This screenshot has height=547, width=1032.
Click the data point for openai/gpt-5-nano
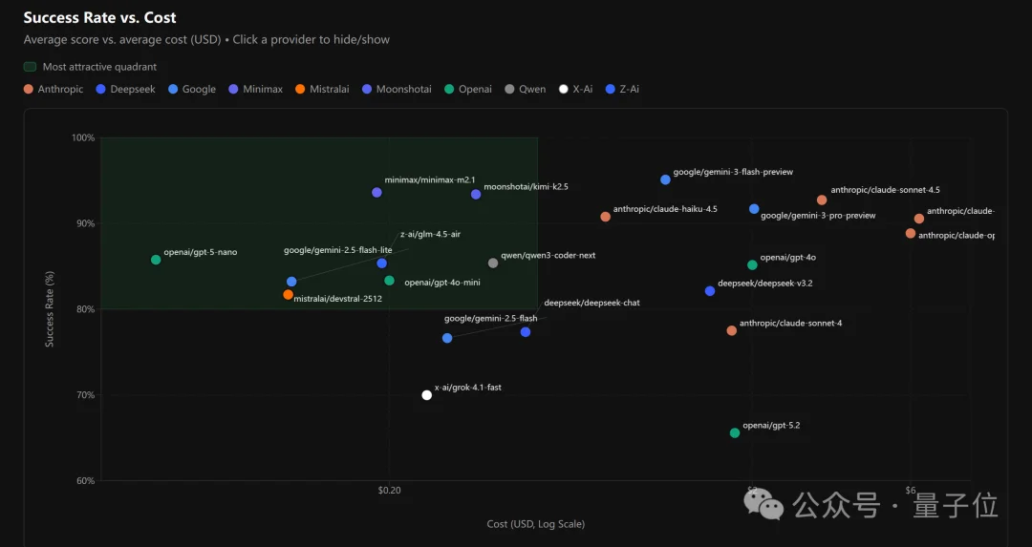[156, 260]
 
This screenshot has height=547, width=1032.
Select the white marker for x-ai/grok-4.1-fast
[427, 395]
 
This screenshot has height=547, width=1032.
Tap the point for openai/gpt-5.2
[735, 433]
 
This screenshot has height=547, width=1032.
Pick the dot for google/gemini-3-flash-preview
[666, 179]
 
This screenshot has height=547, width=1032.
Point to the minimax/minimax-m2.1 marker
[376, 193]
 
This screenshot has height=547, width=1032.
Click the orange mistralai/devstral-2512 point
[288, 295]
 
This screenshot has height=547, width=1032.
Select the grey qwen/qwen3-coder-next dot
[493, 263]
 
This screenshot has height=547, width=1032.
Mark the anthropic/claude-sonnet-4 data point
[732, 331]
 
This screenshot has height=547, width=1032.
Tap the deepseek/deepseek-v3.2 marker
[710, 291]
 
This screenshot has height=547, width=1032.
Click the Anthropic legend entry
[54, 90]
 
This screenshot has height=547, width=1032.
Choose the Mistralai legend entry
[322, 90]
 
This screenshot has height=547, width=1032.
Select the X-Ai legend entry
[575, 90]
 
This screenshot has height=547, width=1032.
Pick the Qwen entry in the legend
[526, 90]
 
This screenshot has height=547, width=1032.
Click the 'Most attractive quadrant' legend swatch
[30, 67]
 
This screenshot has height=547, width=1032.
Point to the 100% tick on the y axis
[83, 137]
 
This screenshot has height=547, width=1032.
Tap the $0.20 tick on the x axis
[389, 491]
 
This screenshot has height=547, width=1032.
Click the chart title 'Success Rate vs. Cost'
[99, 18]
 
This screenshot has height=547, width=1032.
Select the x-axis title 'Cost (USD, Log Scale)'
[535, 524]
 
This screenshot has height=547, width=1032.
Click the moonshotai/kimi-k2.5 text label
[526, 187]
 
